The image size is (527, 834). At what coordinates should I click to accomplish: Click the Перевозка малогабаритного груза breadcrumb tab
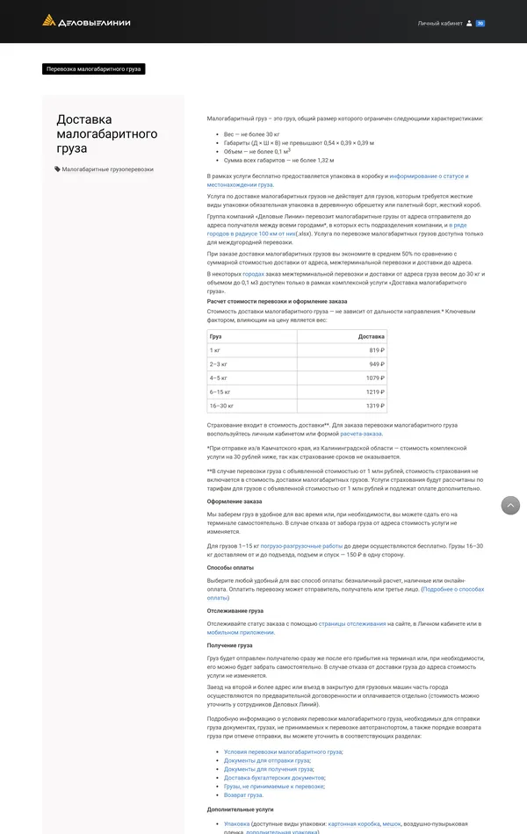click(93, 68)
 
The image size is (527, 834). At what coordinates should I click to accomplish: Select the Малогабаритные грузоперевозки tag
click(107, 169)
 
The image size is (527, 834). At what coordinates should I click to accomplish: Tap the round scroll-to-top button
click(510, 506)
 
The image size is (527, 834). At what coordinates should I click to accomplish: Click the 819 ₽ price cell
click(376, 350)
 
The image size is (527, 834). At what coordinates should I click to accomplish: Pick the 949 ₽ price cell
click(376, 364)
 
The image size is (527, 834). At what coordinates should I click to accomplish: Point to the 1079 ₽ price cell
click(375, 377)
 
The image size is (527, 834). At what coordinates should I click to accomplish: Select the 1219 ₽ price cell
click(375, 392)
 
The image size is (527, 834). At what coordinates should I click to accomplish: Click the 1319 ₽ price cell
click(375, 406)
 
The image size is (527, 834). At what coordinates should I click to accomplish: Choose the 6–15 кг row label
click(220, 392)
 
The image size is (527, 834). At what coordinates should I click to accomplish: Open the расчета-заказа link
click(361, 434)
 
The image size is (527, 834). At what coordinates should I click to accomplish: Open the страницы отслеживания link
click(352, 623)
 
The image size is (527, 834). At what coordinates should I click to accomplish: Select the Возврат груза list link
click(243, 794)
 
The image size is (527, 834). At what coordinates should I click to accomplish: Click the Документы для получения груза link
click(268, 769)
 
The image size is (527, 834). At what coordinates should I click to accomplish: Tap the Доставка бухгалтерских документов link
click(274, 778)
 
